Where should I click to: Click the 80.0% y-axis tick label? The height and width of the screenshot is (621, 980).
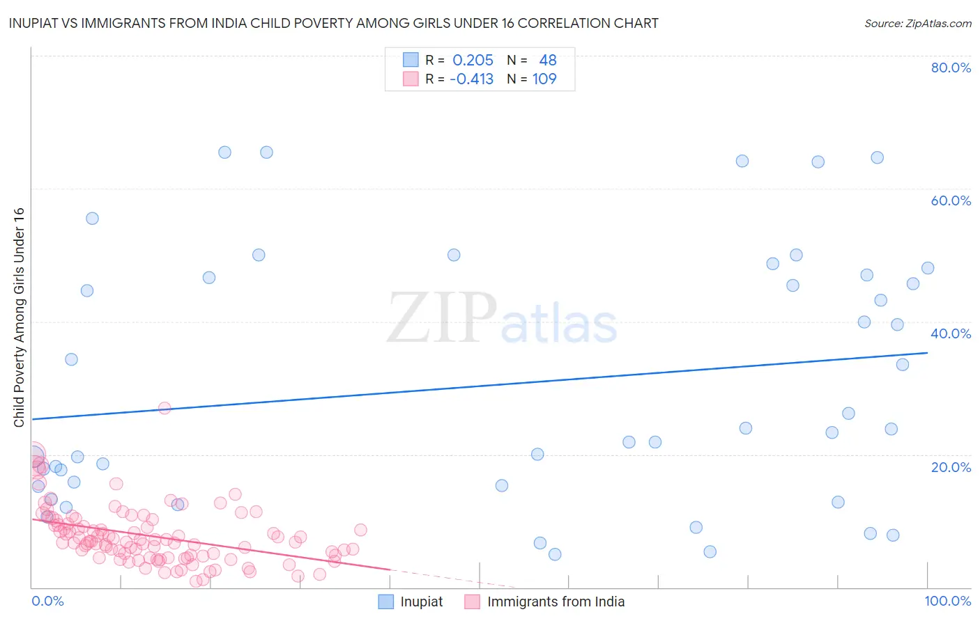coord(951,68)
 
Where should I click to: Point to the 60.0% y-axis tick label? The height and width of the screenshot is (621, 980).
coord(951,201)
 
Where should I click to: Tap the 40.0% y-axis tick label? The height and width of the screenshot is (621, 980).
coord(951,333)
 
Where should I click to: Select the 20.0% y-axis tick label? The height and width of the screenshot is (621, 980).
coord(951,467)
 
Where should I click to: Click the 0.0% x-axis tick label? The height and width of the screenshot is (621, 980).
coord(47,602)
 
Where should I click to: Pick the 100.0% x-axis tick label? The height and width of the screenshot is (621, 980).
coord(947,602)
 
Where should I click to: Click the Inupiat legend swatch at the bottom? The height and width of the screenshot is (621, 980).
coord(386,602)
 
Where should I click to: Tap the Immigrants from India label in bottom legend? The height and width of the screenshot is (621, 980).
coord(556,602)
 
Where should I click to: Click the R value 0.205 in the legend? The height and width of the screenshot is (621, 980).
coord(473,61)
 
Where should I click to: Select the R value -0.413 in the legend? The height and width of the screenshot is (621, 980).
coord(471,79)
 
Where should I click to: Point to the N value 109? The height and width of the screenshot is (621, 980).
coord(544,79)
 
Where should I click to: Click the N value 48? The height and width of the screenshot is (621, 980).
coord(548,61)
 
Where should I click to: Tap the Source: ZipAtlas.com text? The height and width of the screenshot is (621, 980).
coord(917,24)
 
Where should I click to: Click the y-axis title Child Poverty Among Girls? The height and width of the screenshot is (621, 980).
coord(19,317)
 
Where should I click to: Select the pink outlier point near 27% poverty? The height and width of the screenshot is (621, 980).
coord(164,408)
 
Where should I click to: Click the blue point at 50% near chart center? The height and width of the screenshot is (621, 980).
coord(454,255)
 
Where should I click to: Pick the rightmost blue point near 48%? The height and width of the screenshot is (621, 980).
coord(928,268)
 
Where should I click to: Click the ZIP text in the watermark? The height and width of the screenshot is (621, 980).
coord(442,319)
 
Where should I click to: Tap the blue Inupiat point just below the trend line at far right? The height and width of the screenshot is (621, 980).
coord(903,365)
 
